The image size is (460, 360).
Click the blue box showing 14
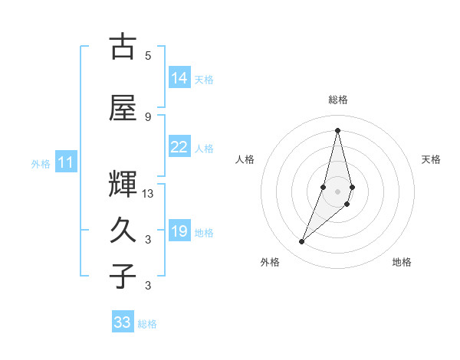click(x=179, y=78)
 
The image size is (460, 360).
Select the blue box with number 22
click(x=179, y=147)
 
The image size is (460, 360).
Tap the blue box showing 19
click(x=179, y=232)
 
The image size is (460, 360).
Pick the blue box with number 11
click(x=66, y=162)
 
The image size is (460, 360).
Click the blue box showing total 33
click(x=123, y=322)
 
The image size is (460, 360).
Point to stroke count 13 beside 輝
click(x=149, y=194)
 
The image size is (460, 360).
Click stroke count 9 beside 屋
click(x=148, y=116)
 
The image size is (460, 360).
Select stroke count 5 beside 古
click(x=148, y=55)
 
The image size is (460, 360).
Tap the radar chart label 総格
click(x=338, y=100)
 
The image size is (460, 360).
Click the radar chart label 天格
click(x=432, y=159)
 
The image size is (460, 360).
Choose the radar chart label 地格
click(x=402, y=262)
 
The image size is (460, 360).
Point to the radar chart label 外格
click(x=270, y=262)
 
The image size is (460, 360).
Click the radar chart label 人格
click(x=245, y=159)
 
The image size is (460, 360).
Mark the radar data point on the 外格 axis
click(x=301, y=242)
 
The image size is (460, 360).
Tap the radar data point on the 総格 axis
click(x=338, y=130)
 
